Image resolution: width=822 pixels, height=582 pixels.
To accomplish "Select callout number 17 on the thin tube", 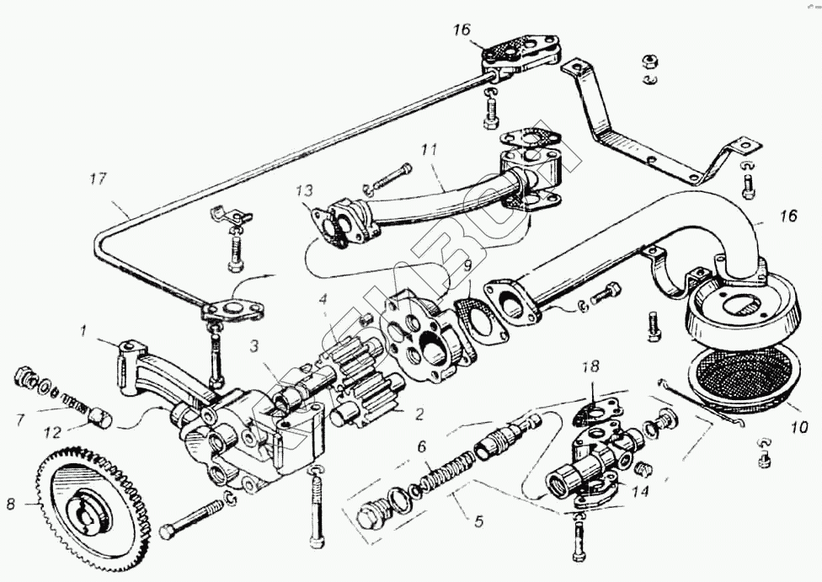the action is [99, 179].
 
